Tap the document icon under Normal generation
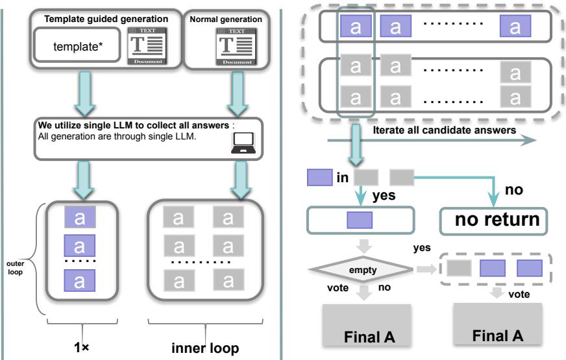227,45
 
